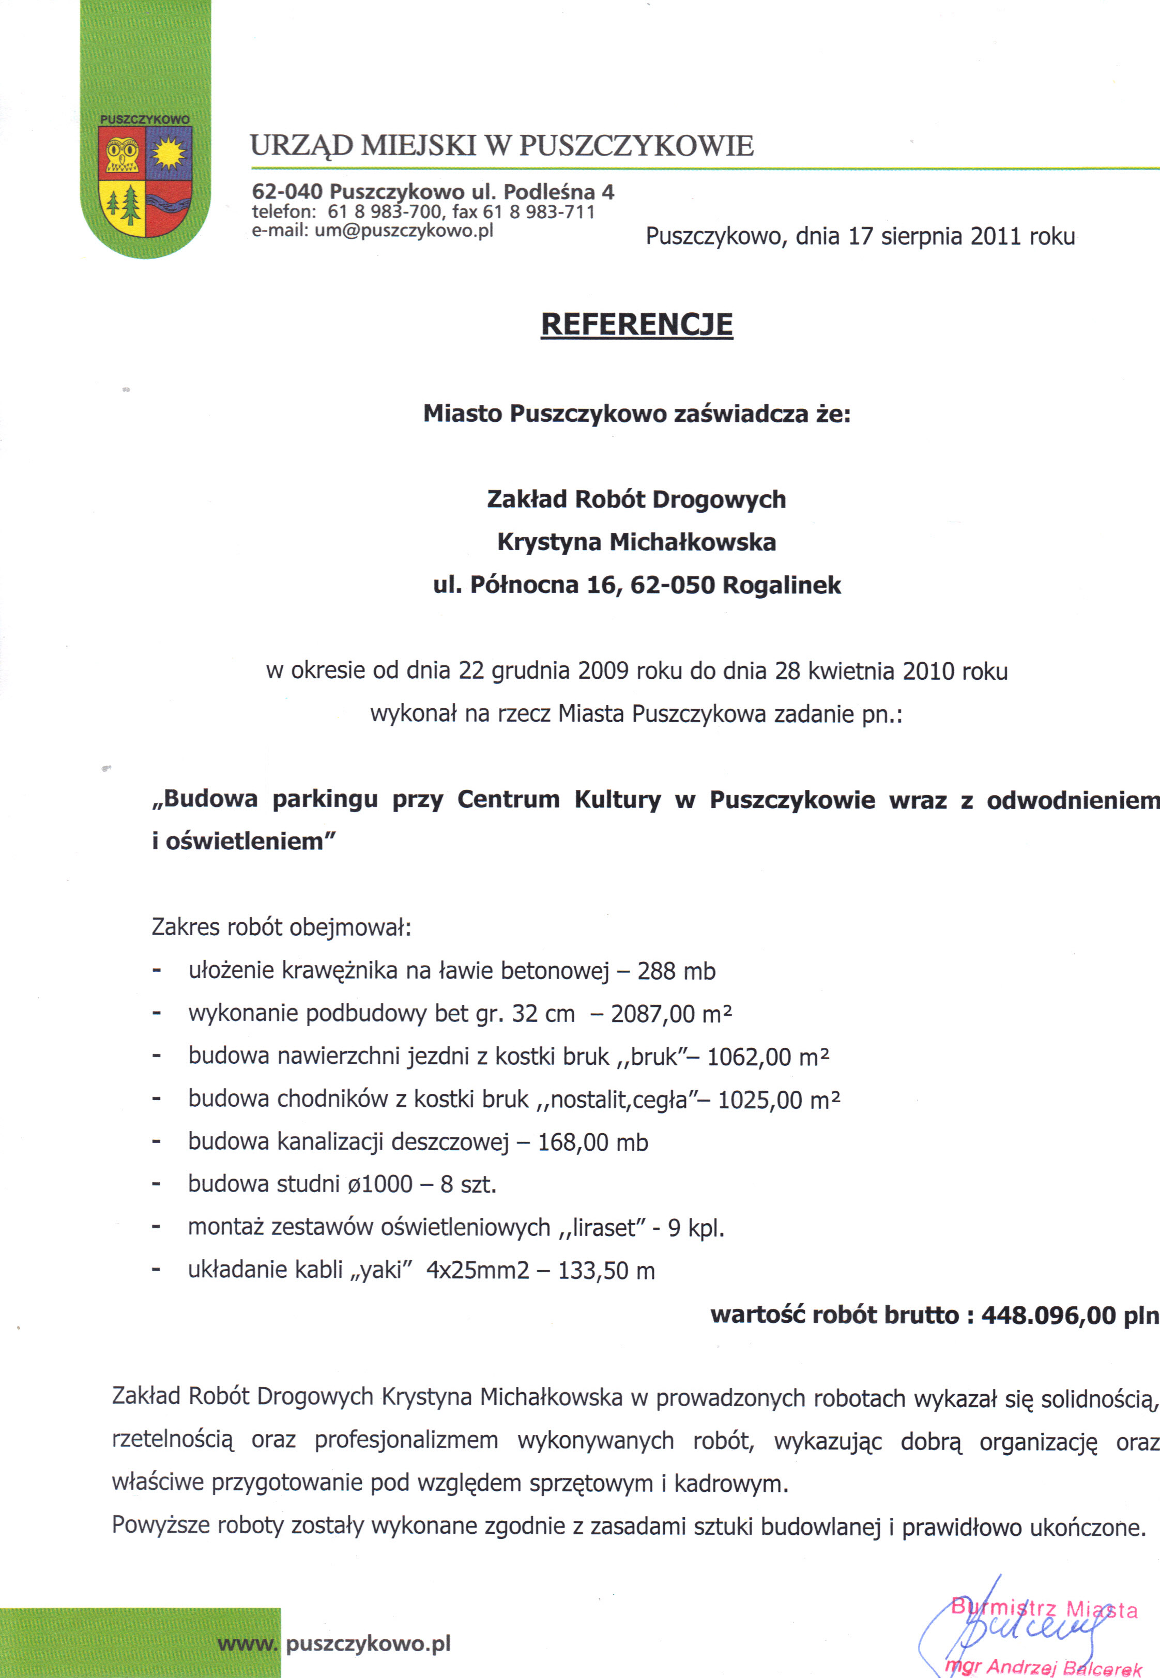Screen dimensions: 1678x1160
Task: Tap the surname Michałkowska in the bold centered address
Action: pos(692,542)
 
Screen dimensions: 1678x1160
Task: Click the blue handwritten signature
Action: pos(1017,1628)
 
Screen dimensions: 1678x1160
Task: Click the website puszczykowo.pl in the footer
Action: pos(368,1644)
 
